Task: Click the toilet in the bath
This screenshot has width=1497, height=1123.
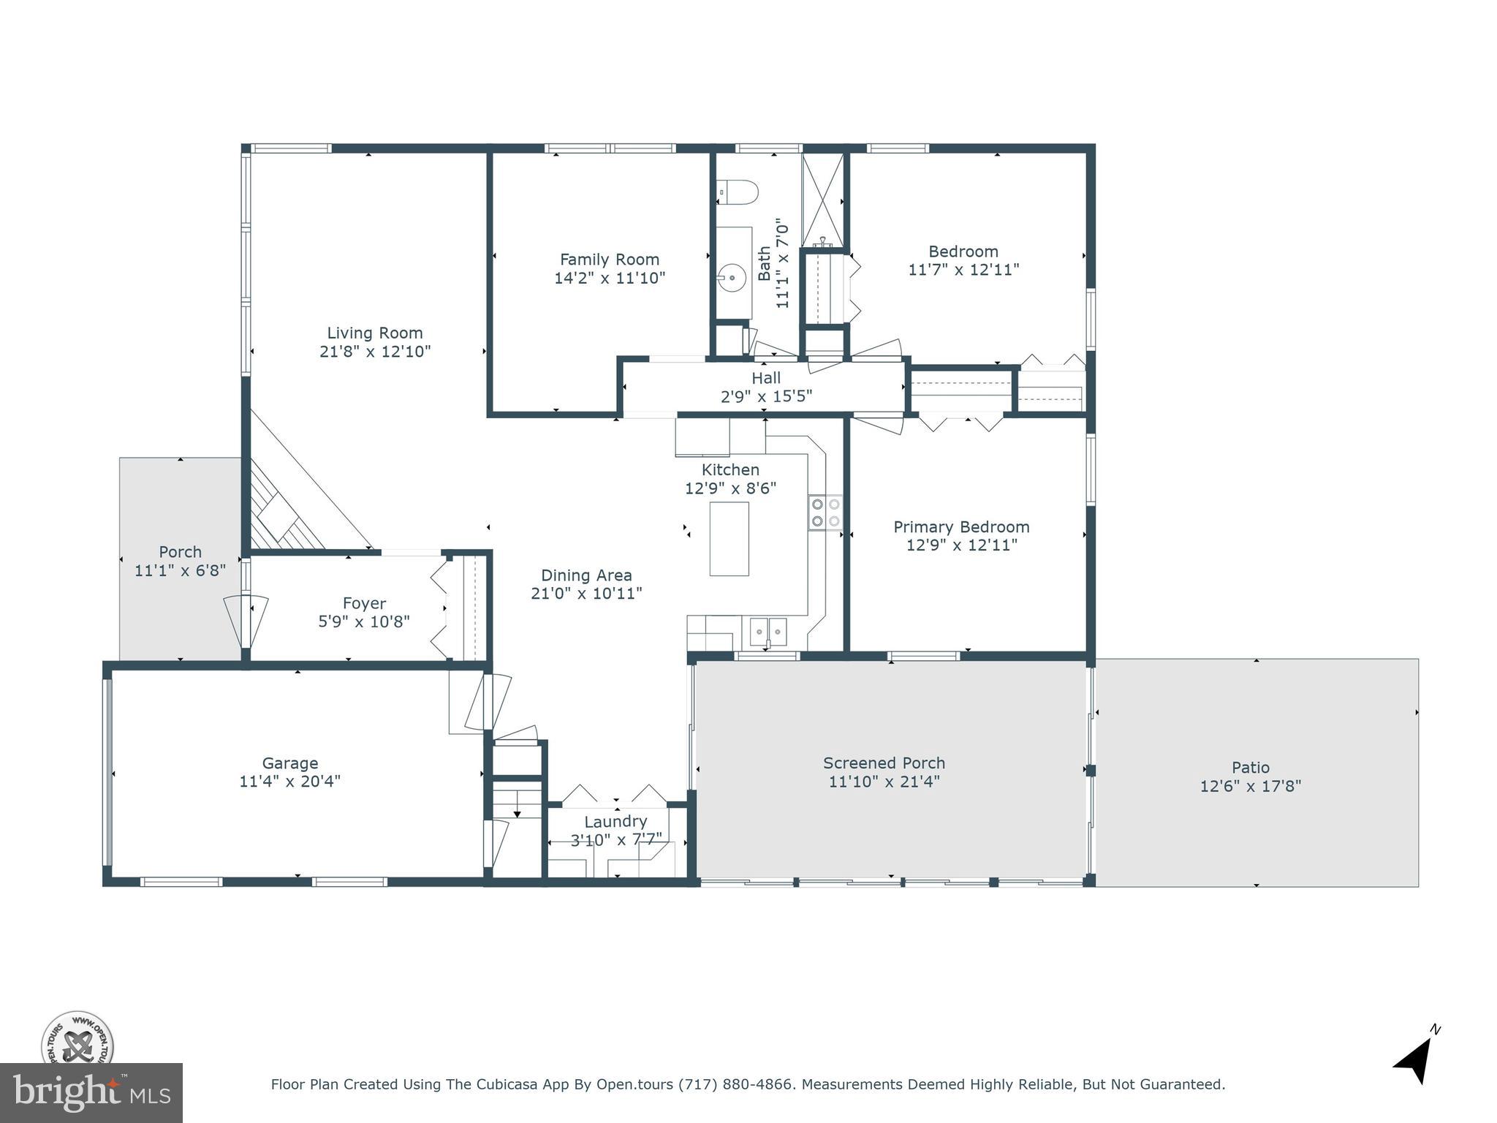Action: [x=738, y=192]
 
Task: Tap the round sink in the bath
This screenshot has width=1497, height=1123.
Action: [x=731, y=278]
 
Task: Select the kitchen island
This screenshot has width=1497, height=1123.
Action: [x=729, y=539]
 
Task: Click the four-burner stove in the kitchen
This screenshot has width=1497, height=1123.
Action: [x=825, y=513]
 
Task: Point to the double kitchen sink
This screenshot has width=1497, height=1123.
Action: [x=768, y=630]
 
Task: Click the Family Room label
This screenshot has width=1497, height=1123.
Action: [x=609, y=260]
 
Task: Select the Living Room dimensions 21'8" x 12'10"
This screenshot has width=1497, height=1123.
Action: [x=375, y=352]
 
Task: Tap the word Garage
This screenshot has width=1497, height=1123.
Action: [x=290, y=763]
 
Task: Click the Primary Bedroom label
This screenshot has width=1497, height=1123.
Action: [x=961, y=527]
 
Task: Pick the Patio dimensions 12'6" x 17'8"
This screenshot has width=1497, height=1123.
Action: [x=1250, y=787]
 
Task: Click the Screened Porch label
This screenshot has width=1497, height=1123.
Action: [x=884, y=763]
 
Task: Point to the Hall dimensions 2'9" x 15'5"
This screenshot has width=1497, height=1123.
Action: [x=766, y=397]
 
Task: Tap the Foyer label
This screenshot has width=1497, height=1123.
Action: [x=364, y=603]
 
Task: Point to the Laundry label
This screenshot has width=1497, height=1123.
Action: [x=615, y=821]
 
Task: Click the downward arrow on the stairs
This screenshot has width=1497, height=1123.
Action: [x=517, y=812]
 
